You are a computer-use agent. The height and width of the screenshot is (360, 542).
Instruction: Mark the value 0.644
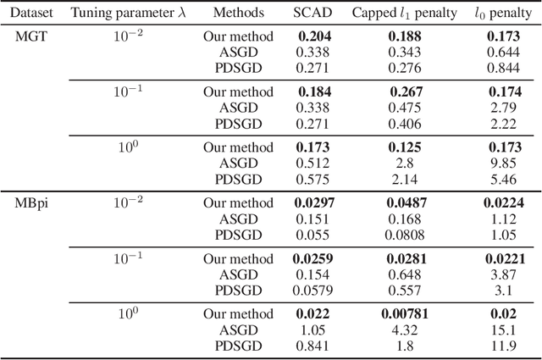pyautogui.click(x=503, y=52)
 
